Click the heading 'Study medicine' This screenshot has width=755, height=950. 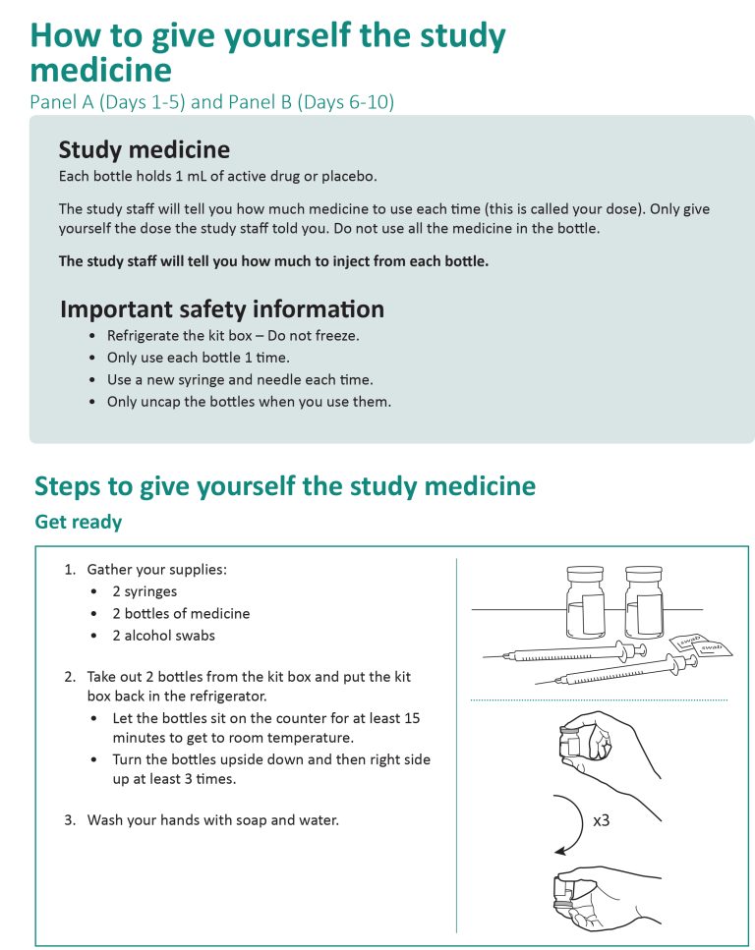click(145, 149)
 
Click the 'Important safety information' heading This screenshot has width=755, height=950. click(221, 308)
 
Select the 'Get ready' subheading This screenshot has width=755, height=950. click(79, 522)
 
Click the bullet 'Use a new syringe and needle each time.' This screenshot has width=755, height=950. click(240, 379)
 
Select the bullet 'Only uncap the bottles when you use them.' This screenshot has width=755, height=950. click(249, 402)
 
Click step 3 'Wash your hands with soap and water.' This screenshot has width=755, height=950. click(212, 819)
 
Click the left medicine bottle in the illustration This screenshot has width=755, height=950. click(586, 603)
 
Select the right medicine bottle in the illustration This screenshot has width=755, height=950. click(644, 603)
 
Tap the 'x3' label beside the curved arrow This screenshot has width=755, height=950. click(601, 818)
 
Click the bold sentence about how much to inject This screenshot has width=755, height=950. click(273, 261)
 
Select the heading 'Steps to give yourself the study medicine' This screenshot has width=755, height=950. click(285, 485)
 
